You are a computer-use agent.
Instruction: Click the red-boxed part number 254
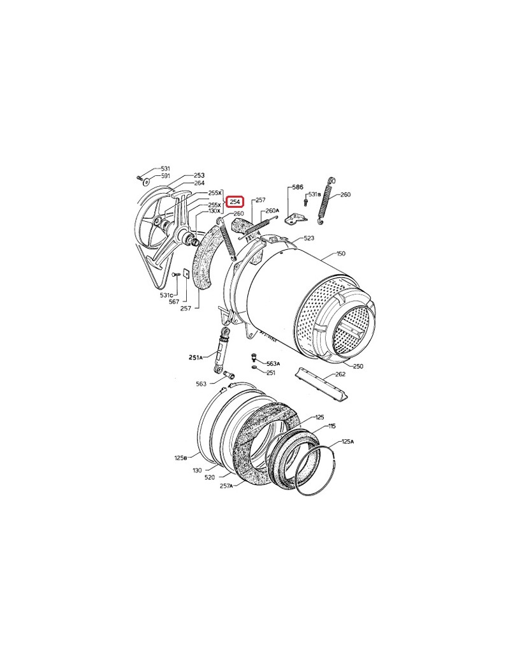pos(235,201)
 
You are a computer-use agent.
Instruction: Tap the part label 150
pos(341,254)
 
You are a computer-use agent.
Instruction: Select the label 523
pos(309,238)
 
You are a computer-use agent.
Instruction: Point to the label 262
pos(340,374)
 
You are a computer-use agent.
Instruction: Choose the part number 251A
pos(195,357)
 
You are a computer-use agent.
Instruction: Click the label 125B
pos(180,458)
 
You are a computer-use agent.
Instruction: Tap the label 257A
pos(226,486)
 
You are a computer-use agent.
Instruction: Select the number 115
pos(332,426)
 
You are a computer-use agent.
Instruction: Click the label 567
pos(174,302)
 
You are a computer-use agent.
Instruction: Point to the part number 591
pos(165,176)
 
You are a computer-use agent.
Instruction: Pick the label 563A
pos(273,363)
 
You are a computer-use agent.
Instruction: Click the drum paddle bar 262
pos(323,383)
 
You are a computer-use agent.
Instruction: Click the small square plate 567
pos(186,273)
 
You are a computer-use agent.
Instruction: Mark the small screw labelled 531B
pos(305,202)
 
